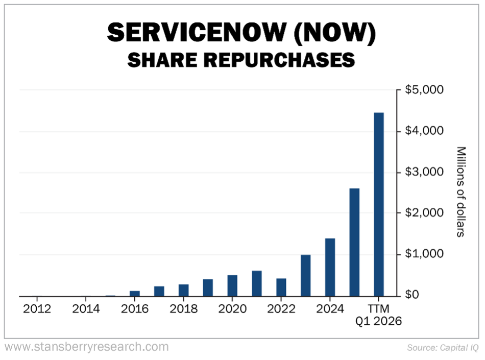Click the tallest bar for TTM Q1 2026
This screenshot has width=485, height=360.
point(379,204)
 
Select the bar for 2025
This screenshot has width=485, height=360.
point(354,242)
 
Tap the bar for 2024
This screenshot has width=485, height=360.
point(330,267)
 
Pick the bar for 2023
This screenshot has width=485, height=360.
point(306,275)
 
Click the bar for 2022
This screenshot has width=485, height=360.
point(281,287)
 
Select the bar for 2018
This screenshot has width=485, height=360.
point(184,290)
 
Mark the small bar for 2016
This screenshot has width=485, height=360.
point(135,293)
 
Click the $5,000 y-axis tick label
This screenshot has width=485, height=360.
point(424,90)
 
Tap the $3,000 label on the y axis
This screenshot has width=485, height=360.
point(424,172)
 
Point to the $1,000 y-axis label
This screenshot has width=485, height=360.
point(424,254)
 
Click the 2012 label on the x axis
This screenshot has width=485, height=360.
point(37,309)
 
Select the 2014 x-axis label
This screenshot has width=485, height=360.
point(86,309)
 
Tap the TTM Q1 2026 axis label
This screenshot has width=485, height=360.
point(379,315)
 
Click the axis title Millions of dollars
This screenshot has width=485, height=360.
point(460,192)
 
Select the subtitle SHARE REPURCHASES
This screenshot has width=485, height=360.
point(241,60)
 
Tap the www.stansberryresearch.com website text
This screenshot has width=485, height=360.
point(86,347)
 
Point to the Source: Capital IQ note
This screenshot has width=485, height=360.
point(442,348)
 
